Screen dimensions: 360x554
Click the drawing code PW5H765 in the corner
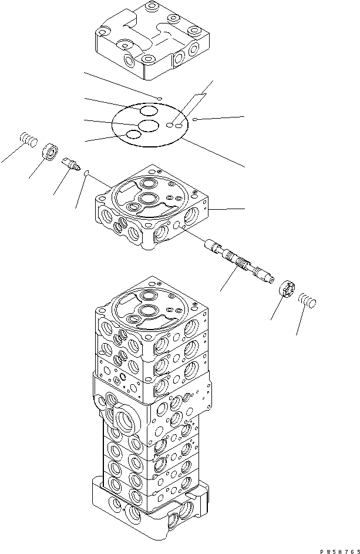click(x=339, y=551)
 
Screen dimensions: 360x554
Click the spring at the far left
click(x=29, y=139)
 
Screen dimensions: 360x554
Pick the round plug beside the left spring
click(x=51, y=152)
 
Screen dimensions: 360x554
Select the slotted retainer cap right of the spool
click(x=288, y=290)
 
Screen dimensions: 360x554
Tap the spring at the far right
click(x=307, y=300)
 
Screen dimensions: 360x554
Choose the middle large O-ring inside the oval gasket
click(x=148, y=125)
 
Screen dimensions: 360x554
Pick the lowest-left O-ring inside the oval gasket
click(x=133, y=135)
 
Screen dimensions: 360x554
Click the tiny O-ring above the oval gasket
click(x=160, y=99)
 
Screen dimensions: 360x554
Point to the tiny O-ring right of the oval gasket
click(x=196, y=119)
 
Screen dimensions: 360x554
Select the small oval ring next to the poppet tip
click(x=86, y=172)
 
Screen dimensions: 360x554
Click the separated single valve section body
click(x=152, y=207)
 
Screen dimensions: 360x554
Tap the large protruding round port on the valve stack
click(x=126, y=419)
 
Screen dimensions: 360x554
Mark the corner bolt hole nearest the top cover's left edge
click(x=102, y=32)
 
